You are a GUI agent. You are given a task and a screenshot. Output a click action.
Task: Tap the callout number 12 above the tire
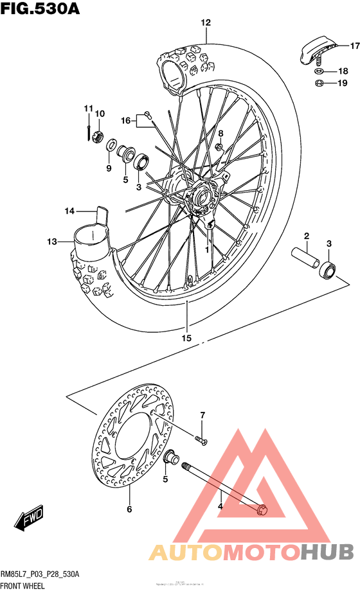click(205, 23)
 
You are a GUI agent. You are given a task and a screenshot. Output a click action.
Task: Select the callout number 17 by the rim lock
click(354, 46)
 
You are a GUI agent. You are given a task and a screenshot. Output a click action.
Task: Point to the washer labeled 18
click(319, 71)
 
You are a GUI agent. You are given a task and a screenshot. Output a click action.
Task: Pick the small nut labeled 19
click(319, 84)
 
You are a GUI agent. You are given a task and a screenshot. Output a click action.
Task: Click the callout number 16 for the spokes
click(126, 120)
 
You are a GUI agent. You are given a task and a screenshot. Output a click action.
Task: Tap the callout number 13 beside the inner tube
click(52, 242)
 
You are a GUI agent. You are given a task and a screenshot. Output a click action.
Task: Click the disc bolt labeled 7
click(201, 440)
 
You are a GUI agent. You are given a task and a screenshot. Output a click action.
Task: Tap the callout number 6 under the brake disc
click(129, 509)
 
